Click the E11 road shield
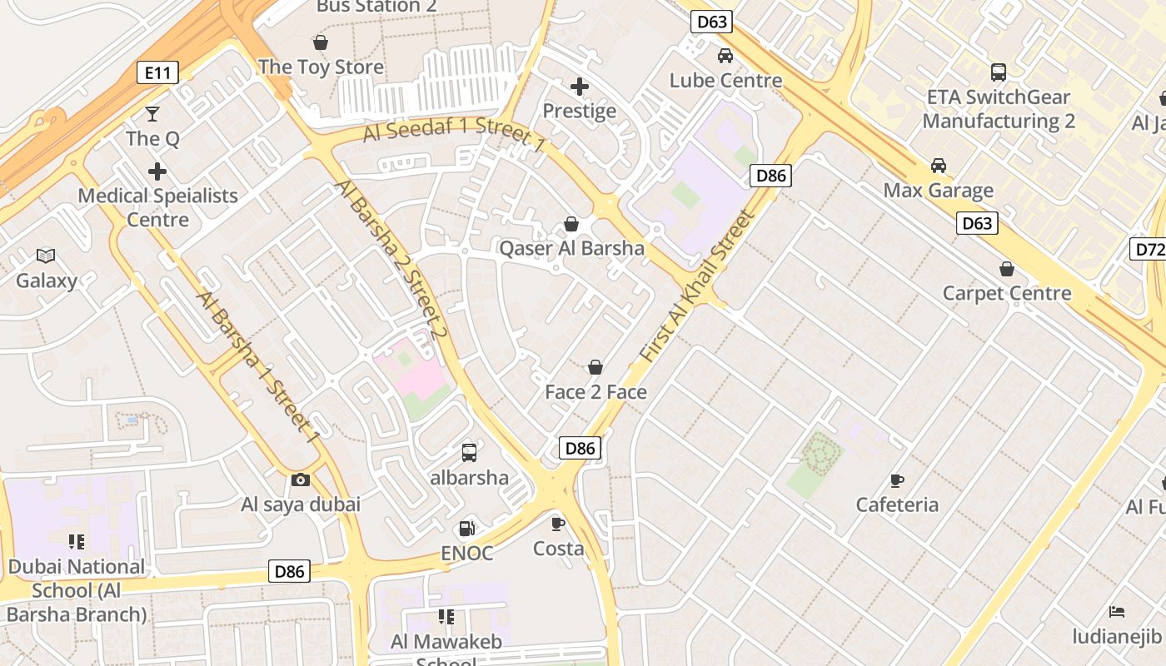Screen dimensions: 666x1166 point(157,73)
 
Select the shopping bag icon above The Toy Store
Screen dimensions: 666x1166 point(321,42)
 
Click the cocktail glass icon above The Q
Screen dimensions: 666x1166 point(152,114)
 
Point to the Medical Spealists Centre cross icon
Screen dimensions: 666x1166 point(157,172)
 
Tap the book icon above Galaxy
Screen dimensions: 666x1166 point(46,256)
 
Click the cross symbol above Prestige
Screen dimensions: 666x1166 point(580,87)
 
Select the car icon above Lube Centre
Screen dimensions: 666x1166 point(725,56)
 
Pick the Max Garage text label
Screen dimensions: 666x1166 point(939,191)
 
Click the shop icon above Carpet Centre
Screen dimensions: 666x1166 point(1007,269)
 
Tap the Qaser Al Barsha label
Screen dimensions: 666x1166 point(571,248)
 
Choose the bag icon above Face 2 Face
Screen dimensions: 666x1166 point(595,367)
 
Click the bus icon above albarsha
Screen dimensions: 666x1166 point(469,453)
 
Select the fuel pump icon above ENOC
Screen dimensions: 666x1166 point(466,529)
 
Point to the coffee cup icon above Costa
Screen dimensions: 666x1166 point(558,524)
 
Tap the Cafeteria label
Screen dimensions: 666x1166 point(897,504)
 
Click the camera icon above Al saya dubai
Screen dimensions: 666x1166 point(300,480)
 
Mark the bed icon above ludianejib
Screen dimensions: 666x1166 point(1117,612)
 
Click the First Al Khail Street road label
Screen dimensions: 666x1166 point(698,285)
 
